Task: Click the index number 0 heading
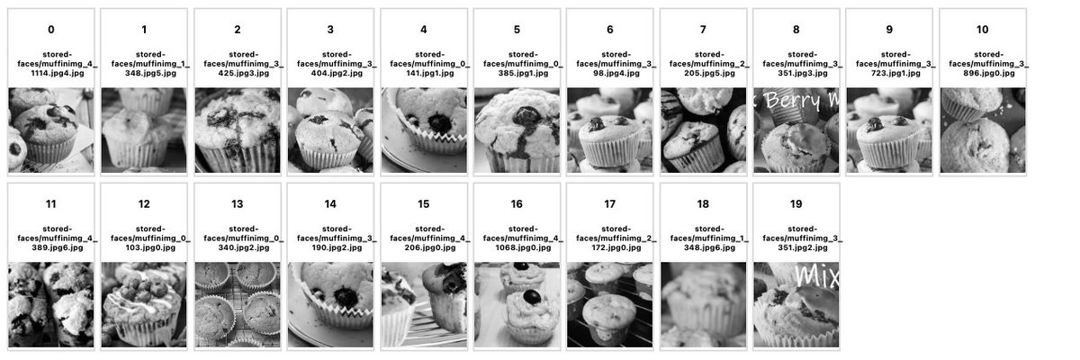[50, 30]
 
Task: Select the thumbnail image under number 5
[517, 130]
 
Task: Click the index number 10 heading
[982, 30]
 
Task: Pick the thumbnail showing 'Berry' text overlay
[796, 130]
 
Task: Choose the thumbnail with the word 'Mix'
[796, 304]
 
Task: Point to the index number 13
[237, 204]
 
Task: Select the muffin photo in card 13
[237, 304]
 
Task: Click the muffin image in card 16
[517, 304]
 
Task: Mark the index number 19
[796, 204]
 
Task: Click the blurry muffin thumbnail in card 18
[703, 304]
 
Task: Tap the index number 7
[703, 30]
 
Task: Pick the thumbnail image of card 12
[144, 304]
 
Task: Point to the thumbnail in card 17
[609, 304]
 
